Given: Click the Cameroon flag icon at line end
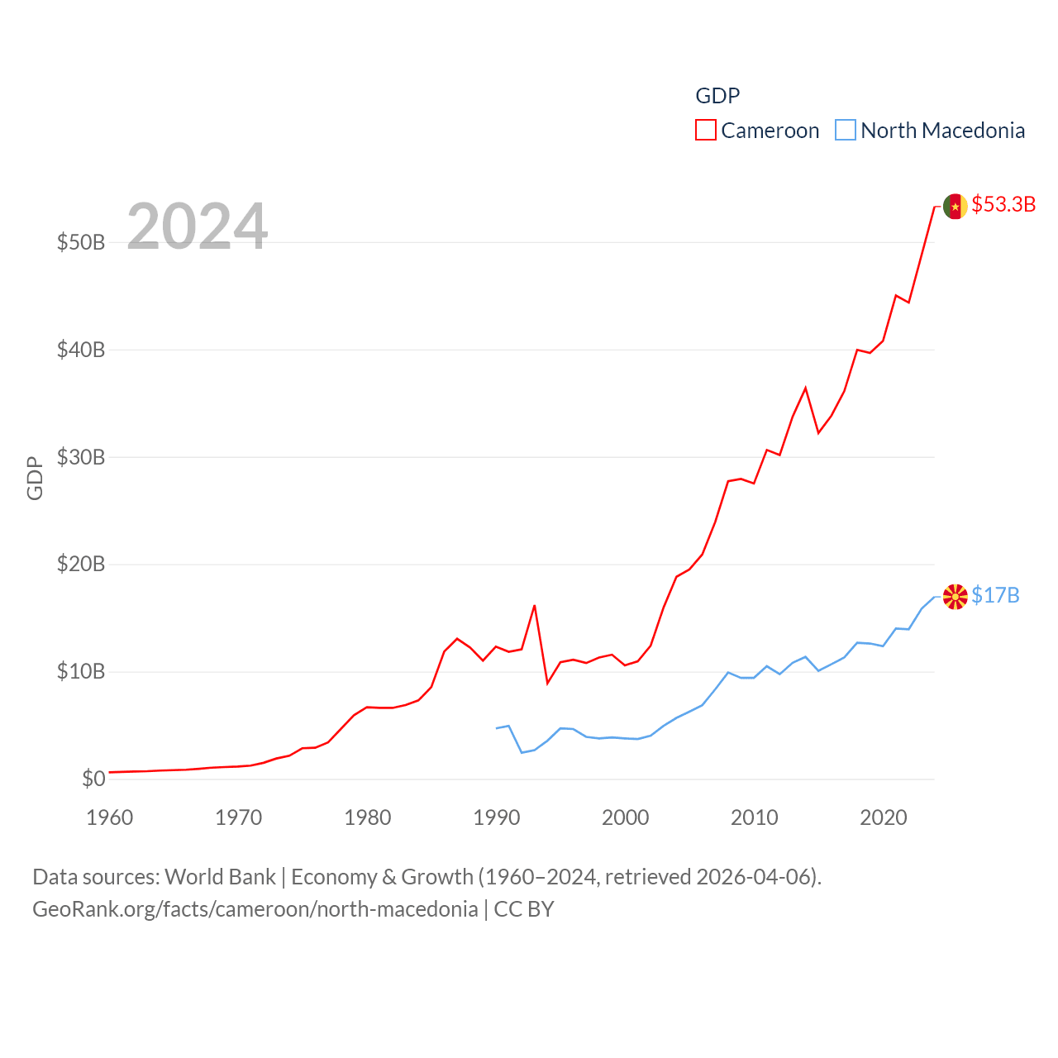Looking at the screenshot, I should pos(955,206).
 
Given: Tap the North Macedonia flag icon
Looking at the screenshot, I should pos(955,596).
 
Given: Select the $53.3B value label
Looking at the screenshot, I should pos(1003,204).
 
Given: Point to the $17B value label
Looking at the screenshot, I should pos(995,595).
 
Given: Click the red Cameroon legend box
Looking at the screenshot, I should pos(705,131).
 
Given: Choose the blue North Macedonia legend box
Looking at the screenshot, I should pos(845,131).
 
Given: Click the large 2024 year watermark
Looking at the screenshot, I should pos(197,226).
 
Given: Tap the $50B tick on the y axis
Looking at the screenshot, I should pos(81,242).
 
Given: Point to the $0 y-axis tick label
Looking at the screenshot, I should pos(93,779).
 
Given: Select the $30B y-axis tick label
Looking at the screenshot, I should pos(81,457).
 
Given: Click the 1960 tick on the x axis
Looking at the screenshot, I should pos(110,817).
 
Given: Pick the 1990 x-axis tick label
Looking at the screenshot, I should pos(497,817).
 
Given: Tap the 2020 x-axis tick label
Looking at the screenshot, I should pos(884,817).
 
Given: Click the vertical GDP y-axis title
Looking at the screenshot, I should pos(35,478).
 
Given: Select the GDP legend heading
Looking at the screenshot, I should pos(717,96).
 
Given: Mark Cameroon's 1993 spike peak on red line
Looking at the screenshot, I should pos(535,606).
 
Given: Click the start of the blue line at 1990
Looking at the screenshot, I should pos(497,728).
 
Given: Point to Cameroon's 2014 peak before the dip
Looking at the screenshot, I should pos(805,388).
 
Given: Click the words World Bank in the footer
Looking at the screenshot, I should pos(220,877).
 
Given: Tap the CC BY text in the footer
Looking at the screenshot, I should pos(524,909).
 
